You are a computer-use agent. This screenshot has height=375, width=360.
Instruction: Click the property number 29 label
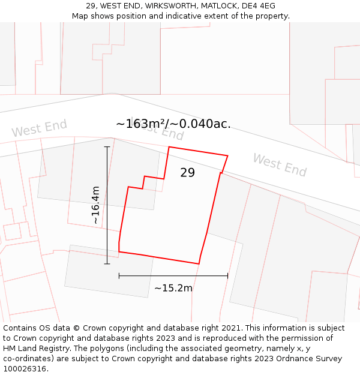click(188, 173)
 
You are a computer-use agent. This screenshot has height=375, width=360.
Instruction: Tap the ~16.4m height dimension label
click(95, 205)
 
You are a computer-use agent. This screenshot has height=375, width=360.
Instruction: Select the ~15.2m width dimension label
click(173, 288)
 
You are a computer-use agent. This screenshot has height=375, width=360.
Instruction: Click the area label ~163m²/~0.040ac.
click(173, 124)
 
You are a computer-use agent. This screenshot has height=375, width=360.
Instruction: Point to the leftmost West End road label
click(39, 128)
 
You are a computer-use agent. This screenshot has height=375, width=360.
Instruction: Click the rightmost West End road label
click(280, 164)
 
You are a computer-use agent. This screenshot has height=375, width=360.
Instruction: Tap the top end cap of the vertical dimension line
click(107, 146)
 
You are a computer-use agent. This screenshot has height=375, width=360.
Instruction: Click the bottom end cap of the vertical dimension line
click(107, 263)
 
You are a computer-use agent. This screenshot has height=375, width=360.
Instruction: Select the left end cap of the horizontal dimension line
click(119, 276)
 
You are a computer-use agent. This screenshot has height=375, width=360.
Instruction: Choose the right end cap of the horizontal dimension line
click(228, 276)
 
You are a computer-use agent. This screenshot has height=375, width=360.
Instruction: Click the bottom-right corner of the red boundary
click(199, 263)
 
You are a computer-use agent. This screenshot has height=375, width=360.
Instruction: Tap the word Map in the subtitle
click(80, 16)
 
